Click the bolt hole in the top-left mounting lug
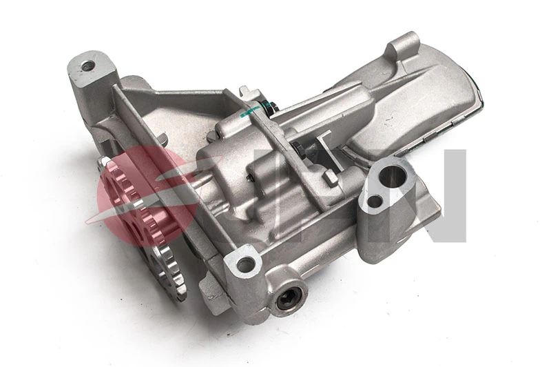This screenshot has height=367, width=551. (87, 66)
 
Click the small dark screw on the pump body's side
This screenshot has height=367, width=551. (254, 182)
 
